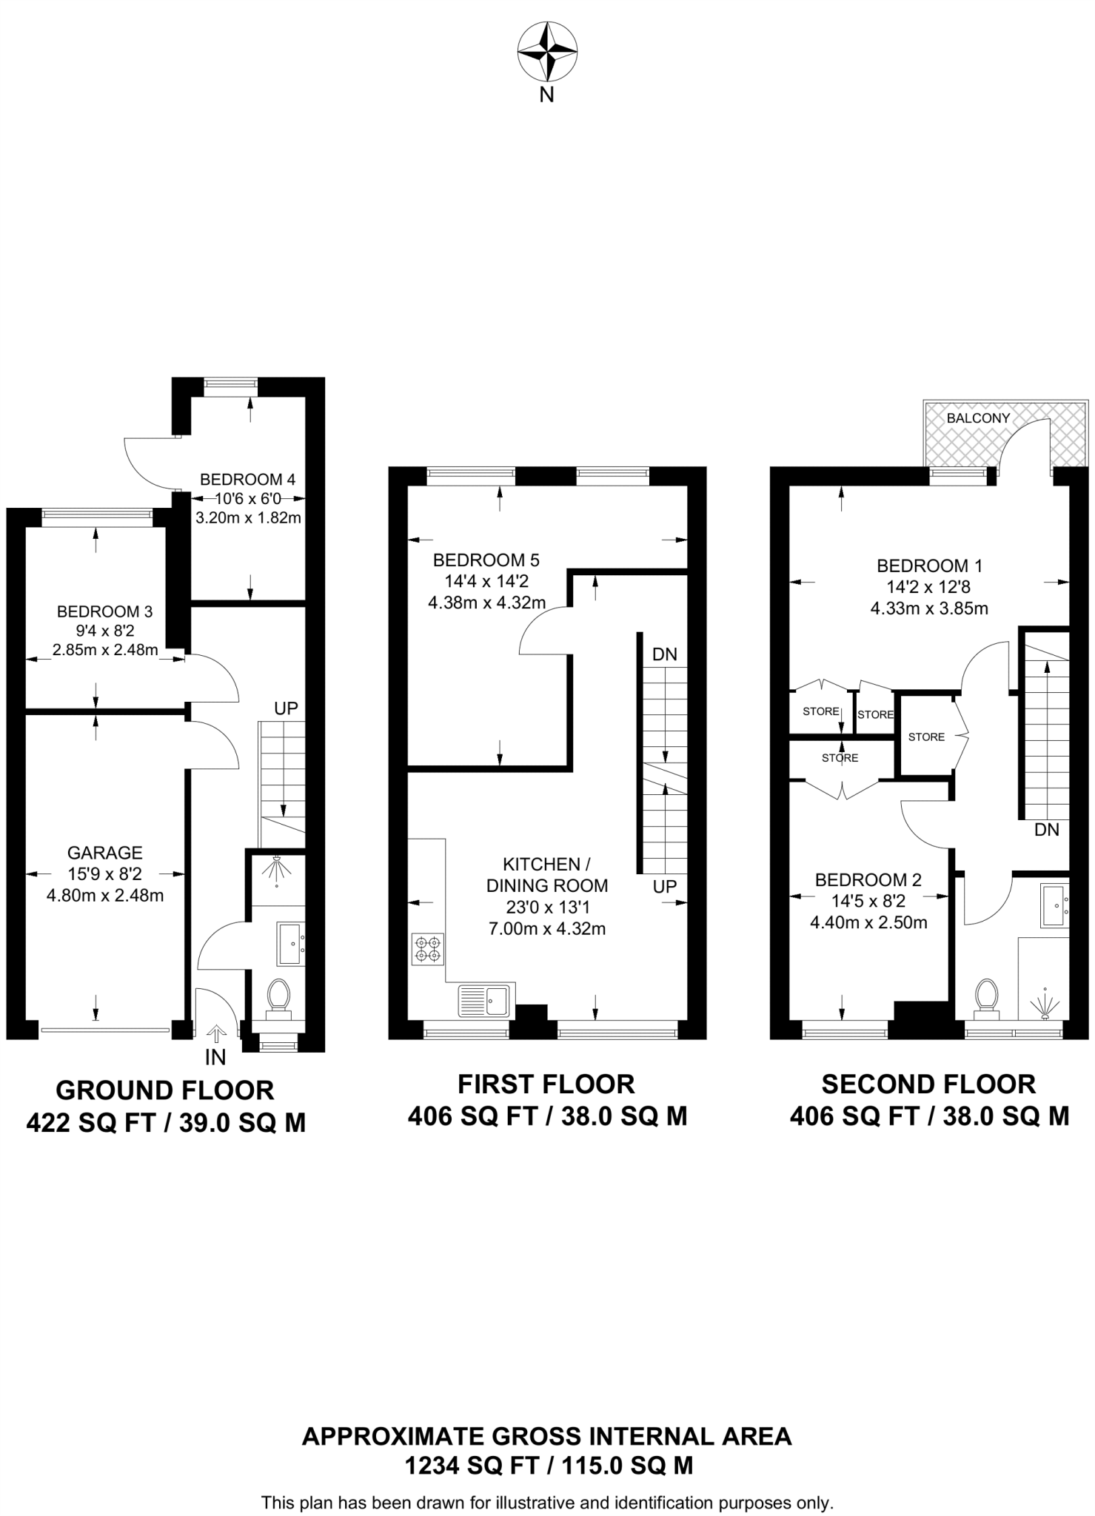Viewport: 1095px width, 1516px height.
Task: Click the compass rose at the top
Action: click(x=546, y=52)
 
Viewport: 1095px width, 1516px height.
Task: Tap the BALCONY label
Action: click(x=977, y=418)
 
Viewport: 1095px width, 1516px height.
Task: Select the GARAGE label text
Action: click(x=104, y=853)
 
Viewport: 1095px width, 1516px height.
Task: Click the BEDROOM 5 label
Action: click(x=486, y=560)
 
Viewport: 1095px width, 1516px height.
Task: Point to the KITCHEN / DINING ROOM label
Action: click(x=546, y=875)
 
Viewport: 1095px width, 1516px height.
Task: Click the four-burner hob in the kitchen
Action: click(x=428, y=949)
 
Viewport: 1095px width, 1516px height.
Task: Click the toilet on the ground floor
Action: click(x=278, y=996)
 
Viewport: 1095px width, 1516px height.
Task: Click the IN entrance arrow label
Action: click(x=215, y=1057)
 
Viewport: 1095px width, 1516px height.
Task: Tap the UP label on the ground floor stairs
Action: click(x=286, y=708)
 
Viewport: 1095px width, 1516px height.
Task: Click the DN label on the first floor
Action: click(x=664, y=654)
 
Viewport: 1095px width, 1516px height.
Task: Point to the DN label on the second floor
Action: click(x=1046, y=830)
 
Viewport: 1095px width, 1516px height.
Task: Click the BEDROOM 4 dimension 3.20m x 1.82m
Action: click(x=248, y=517)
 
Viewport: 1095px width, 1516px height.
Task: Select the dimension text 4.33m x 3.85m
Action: click(x=928, y=608)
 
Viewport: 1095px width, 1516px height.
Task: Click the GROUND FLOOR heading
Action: click(x=165, y=1090)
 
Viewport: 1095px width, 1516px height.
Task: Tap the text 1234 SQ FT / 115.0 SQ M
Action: click(x=548, y=1465)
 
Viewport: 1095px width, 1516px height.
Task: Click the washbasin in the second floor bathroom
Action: click(x=1053, y=905)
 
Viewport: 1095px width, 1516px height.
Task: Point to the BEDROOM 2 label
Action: click(x=868, y=880)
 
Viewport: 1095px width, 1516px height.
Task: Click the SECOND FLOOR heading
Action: click(x=928, y=1084)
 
